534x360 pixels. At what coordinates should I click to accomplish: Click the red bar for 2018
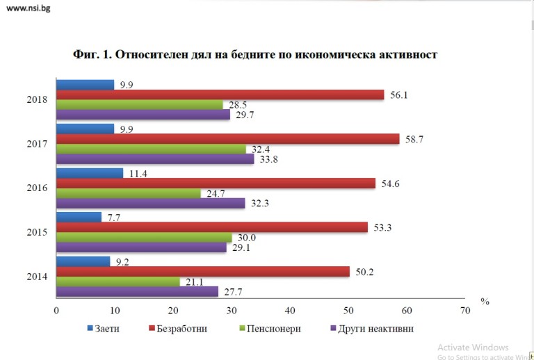coord(220,95)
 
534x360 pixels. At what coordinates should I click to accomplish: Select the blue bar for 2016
coord(90,173)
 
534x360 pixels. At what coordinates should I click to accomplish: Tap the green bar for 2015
coord(143,238)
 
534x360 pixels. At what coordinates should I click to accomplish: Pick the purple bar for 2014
coord(137,292)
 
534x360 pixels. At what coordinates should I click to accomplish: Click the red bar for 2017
coord(227,139)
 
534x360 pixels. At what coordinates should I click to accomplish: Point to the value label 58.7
coord(414,139)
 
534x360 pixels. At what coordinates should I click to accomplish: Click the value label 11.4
coord(139,173)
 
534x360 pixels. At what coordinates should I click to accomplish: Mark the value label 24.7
coord(215,194)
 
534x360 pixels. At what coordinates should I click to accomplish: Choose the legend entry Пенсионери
coord(273,328)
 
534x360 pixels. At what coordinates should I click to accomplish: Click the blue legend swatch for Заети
coord(90,328)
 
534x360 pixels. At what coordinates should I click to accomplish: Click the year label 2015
coord(35,232)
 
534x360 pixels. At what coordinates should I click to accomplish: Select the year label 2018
coord(35,99)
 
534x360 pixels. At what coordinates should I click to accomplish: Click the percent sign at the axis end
coord(485,302)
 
